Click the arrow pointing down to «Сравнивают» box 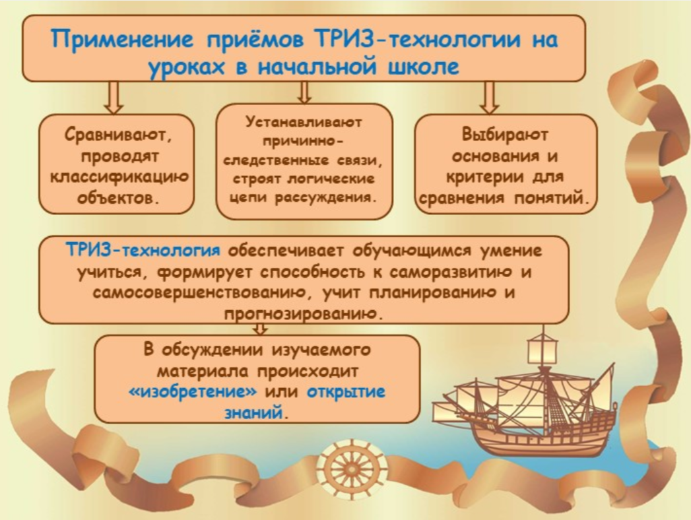(114, 97)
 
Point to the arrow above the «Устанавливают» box (304, 92)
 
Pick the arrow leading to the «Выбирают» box (489, 97)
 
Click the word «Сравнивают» (117, 135)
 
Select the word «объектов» (117, 198)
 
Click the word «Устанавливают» (304, 122)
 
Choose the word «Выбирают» (505, 135)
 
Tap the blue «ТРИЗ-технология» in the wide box (143, 250)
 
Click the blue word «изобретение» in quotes (193, 391)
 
